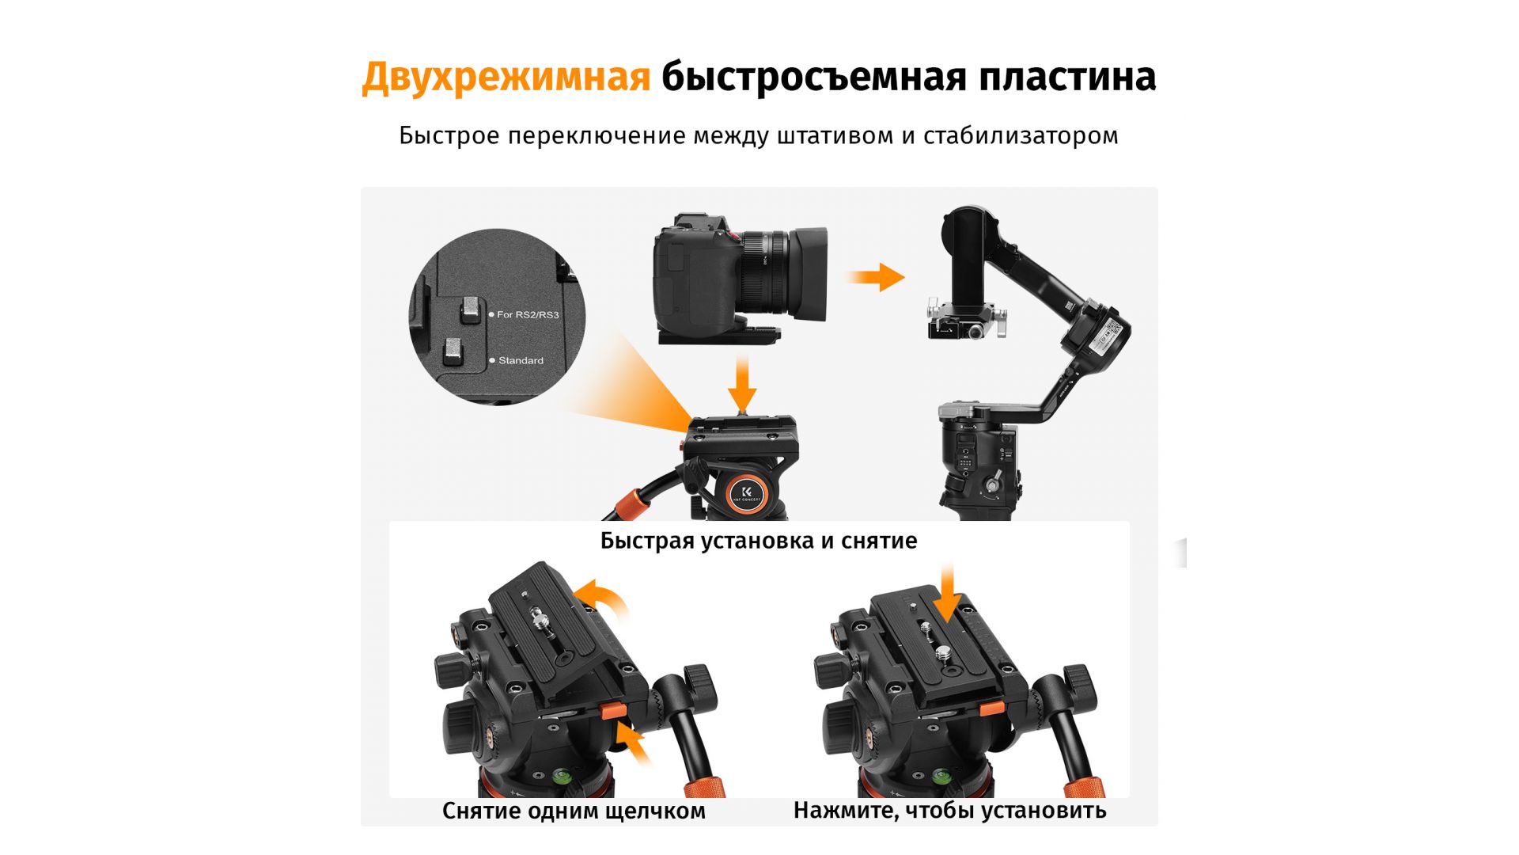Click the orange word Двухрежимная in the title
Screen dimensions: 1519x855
[x=506, y=78]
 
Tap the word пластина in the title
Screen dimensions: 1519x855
[x=1067, y=77]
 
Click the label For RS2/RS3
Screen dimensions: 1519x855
[x=528, y=315]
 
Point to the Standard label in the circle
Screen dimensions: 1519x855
[x=521, y=361]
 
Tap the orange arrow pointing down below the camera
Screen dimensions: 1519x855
[x=742, y=384]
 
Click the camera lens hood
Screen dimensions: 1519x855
[x=809, y=274]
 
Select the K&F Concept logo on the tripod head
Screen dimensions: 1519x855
[x=747, y=493]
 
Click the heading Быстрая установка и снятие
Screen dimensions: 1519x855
[x=759, y=541]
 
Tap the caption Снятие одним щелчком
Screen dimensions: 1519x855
[x=574, y=811]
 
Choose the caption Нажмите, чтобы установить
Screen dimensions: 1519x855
[x=949, y=811]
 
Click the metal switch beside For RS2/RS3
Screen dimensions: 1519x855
[x=471, y=310]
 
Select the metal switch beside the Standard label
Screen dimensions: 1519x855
[x=453, y=352]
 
